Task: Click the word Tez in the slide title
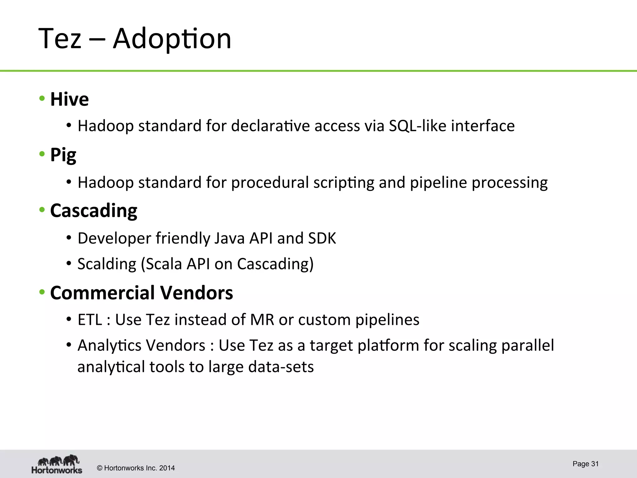(60, 39)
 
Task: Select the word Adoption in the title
(172, 39)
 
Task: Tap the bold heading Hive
(69, 99)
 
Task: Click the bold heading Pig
(63, 155)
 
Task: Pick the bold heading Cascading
(94, 211)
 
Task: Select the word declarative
(270, 126)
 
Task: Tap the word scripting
(344, 183)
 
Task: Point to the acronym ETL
(90, 320)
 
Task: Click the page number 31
(595, 464)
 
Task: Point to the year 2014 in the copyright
(167, 468)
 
